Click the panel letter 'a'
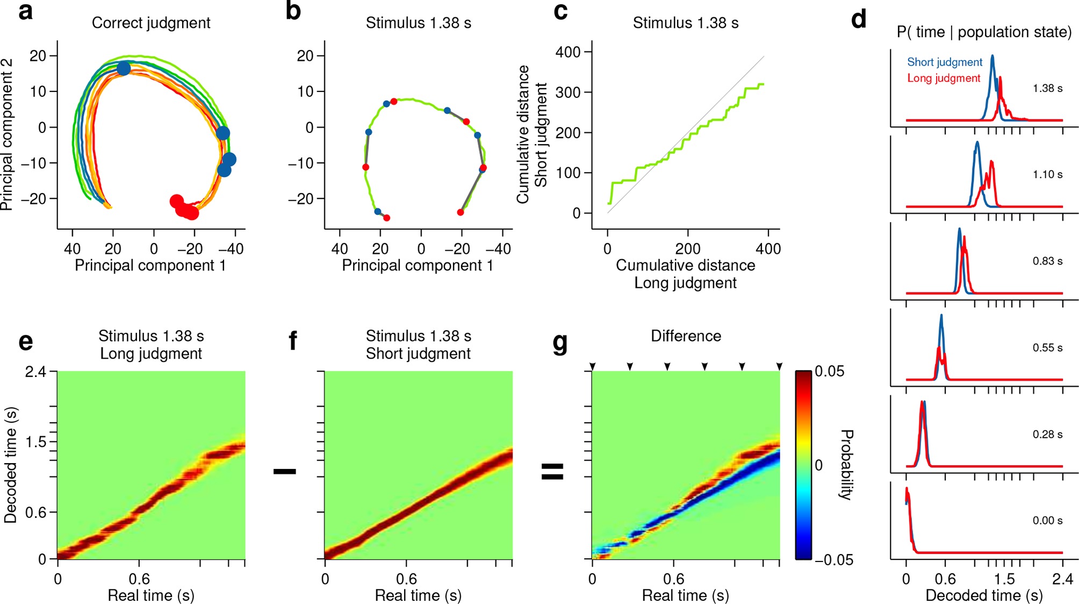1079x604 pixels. point(25,11)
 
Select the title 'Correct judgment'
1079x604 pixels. point(151,23)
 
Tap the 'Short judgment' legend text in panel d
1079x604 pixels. point(944,62)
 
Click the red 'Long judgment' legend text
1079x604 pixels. point(944,79)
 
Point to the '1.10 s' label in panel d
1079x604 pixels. point(1047,175)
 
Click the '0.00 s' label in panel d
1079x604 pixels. point(1047,521)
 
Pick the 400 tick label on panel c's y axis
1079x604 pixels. point(569,52)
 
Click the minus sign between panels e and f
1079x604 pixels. point(284,472)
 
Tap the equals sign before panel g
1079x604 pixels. point(552,472)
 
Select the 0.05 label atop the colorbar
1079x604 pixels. point(829,372)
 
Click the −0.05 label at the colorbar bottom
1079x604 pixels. point(833,560)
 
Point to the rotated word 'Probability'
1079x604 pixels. point(846,465)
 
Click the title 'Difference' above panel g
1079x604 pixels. point(686,336)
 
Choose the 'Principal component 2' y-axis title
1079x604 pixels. point(7,134)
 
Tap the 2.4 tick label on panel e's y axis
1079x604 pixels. point(35,372)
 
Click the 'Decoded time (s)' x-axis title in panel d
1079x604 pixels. point(984,596)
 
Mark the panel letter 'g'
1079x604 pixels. point(560,343)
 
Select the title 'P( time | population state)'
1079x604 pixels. point(984,32)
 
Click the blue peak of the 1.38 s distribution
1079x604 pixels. point(992,56)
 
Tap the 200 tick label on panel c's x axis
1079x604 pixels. point(688,249)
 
